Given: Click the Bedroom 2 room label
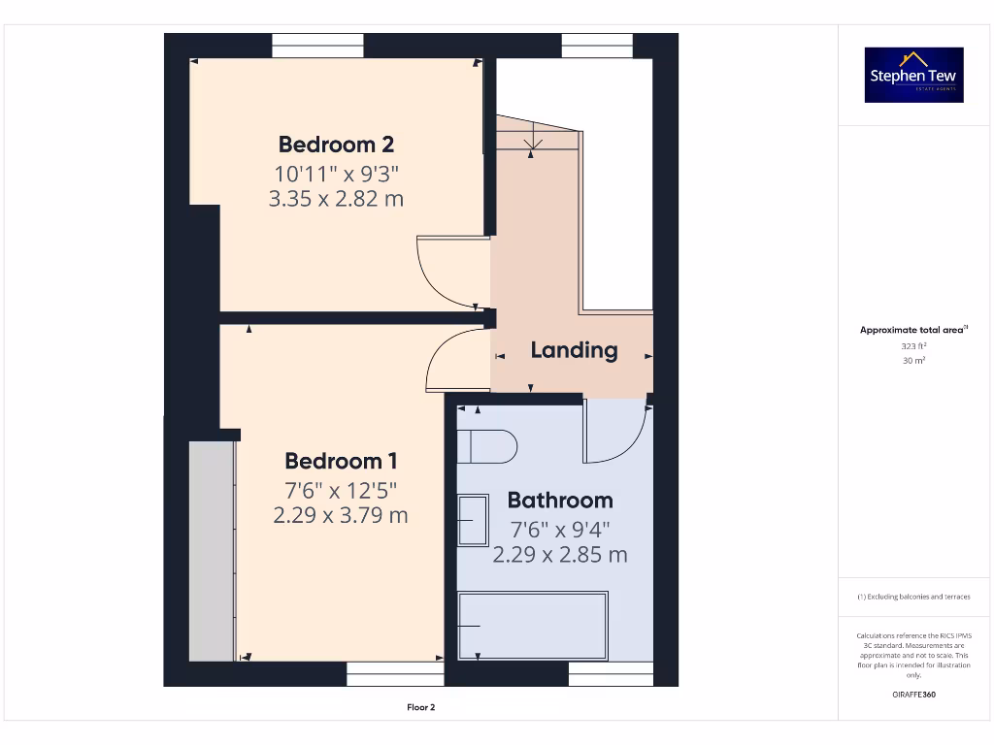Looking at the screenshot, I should click(336, 145).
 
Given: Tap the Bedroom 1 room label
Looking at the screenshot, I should click(341, 461).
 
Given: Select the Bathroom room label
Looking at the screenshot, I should click(560, 501).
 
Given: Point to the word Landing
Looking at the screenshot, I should click(574, 350).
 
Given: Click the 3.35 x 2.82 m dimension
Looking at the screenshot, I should click(336, 199).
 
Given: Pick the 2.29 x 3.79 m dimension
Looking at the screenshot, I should click(341, 515).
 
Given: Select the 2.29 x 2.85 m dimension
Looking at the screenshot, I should click(560, 555).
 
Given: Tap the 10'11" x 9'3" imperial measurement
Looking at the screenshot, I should click(336, 174).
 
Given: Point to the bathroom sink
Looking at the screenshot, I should click(474, 521).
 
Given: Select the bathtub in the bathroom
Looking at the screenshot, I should click(533, 626).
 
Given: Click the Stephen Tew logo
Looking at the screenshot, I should click(914, 75).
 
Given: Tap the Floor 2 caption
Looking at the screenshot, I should click(420, 707).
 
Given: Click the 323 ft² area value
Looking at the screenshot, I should click(913, 345).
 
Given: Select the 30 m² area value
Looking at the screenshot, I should click(913, 360).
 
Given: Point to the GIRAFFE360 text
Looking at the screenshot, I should click(913, 695).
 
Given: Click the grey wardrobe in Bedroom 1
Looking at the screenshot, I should click(212, 550).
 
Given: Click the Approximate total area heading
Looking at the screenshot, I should click(913, 330).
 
